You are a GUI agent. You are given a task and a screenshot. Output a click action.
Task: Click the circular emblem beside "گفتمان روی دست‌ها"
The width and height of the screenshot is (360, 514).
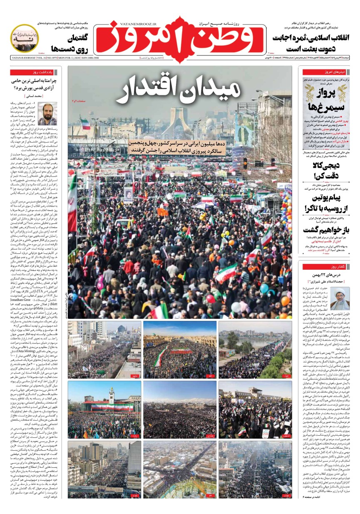tap(25, 38)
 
